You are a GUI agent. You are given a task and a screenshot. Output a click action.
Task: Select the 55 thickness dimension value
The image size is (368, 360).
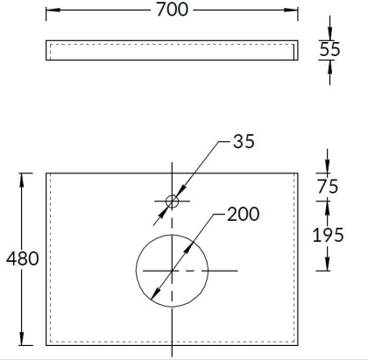click(329, 50)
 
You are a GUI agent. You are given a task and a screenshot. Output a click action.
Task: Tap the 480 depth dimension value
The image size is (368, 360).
click(22, 260)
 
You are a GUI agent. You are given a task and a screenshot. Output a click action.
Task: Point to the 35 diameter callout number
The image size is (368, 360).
click(244, 142)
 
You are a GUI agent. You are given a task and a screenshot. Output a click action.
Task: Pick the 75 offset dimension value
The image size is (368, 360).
click(329, 187)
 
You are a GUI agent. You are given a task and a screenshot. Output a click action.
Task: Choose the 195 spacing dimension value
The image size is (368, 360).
click(329, 234)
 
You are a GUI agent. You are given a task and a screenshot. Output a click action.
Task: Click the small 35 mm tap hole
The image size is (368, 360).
click(172, 201)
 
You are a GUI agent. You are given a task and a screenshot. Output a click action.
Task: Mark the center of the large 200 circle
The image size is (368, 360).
click(172, 270)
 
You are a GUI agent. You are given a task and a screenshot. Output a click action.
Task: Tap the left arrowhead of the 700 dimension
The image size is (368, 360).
click(49, 11)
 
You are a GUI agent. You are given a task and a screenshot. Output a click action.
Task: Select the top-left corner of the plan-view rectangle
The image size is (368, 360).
click(46, 173)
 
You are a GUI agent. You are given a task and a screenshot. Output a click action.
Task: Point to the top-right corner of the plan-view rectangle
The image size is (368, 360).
click(296, 173)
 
